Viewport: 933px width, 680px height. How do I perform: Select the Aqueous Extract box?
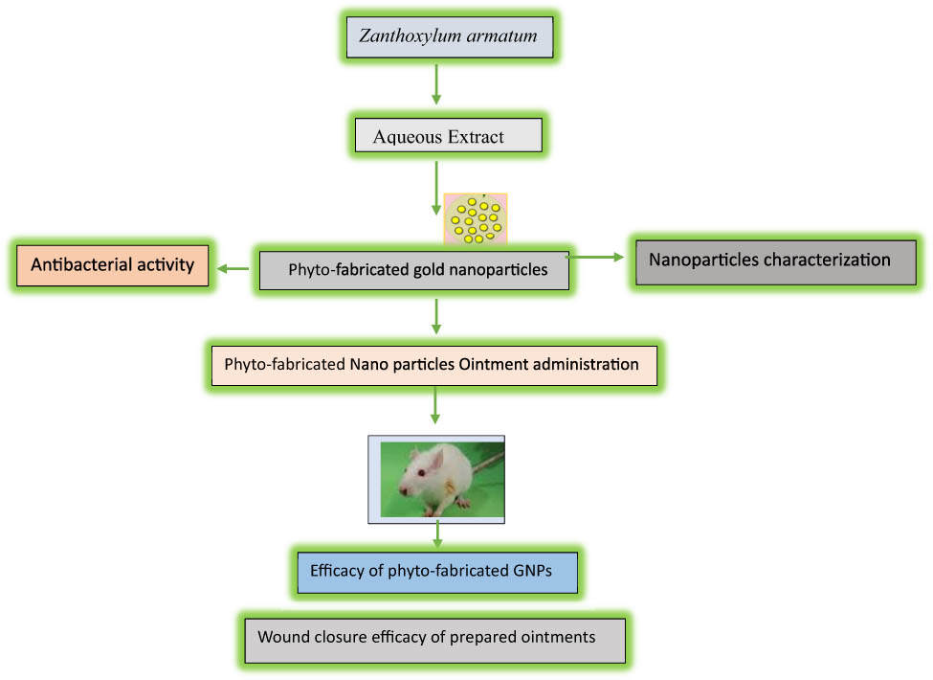point(448,136)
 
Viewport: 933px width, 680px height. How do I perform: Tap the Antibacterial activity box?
point(112,264)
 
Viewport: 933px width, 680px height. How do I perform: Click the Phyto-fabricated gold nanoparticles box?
point(413,270)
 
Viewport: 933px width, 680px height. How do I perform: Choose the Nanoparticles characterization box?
point(773,261)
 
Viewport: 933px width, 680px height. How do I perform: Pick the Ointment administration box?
point(434,365)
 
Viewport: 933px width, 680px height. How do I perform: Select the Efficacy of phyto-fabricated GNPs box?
point(436,573)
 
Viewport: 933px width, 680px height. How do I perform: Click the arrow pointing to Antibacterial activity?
point(232,269)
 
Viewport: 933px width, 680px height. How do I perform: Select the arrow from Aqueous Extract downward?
point(436,186)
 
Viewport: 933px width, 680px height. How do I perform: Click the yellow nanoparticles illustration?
point(475,218)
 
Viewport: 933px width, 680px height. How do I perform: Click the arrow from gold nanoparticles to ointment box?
point(436,315)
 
